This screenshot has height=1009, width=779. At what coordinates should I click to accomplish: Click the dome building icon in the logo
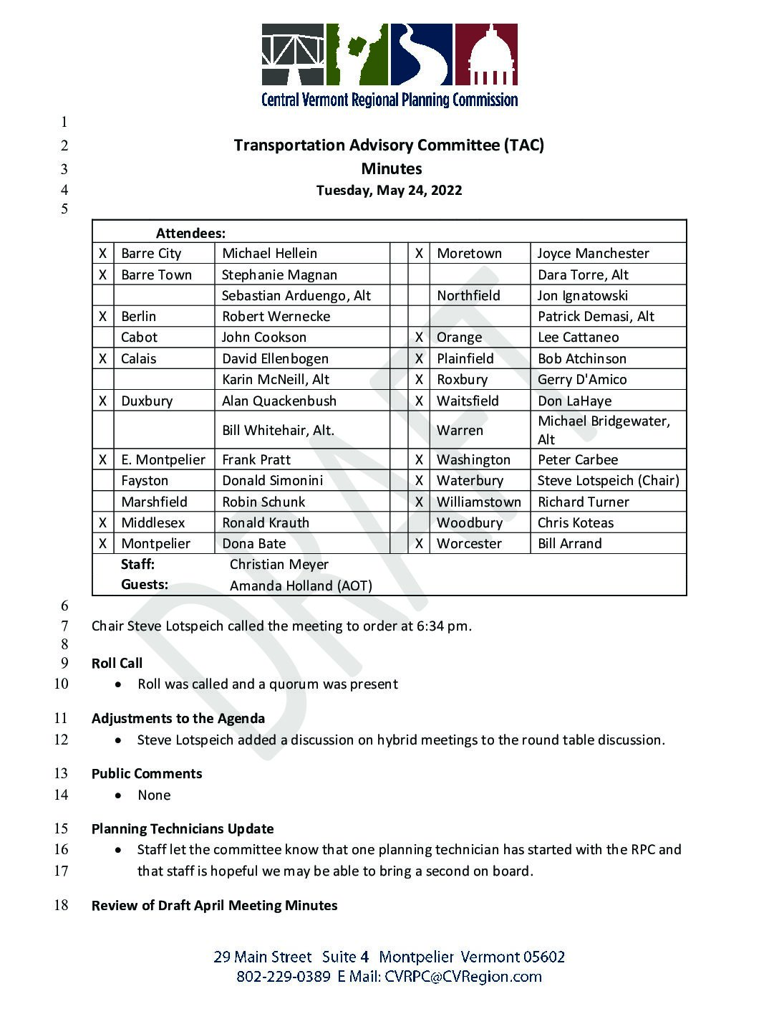tap(486, 56)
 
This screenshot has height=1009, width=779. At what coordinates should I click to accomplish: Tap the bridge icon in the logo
tap(293, 56)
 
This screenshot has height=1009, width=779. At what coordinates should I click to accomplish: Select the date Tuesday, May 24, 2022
tap(389, 191)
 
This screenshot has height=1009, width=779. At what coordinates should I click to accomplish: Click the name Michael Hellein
tap(269, 254)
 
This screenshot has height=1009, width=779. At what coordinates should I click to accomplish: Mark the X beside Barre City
tap(103, 254)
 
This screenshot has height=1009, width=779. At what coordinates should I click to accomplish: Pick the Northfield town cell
tap(468, 296)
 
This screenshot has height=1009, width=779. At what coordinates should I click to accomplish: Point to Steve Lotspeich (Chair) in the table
tap(608, 481)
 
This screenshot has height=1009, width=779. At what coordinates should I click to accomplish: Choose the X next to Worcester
tap(419, 544)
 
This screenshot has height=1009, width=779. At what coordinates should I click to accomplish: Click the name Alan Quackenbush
tap(279, 401)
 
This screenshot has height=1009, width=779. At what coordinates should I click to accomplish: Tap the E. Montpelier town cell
tap(163, 460)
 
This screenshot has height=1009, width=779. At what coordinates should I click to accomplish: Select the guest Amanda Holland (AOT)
tap(301, 586)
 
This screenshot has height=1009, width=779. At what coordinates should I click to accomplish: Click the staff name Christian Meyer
tap(279, 565)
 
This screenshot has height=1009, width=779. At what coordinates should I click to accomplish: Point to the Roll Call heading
tap(117, 664)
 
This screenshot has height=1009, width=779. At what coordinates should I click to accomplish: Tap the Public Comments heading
tap(147, 774)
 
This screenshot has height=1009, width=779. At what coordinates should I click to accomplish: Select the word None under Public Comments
tap(154, 795)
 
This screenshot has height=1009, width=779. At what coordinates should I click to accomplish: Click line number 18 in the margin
tap(62, 905)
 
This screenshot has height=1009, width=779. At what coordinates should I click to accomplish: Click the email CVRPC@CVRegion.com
tap(463, 977)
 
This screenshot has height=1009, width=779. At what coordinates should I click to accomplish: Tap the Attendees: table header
tap(190, 233)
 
